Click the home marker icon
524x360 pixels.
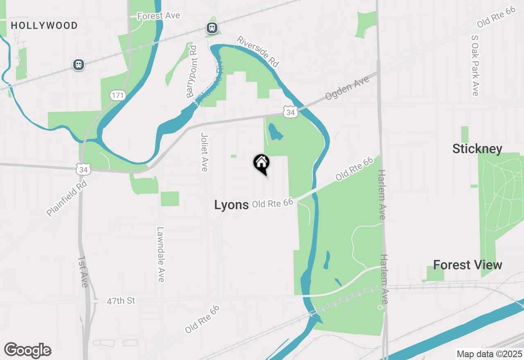261,163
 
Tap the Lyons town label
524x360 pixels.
231,205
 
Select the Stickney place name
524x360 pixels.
477,148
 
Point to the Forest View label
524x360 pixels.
468,265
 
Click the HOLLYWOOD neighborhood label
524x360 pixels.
44,25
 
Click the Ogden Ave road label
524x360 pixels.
347,88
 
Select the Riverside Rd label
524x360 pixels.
258,52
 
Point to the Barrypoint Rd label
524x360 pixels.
192,72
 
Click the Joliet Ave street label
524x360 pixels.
205,152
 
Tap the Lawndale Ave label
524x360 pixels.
160,254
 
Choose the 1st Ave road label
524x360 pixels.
83,272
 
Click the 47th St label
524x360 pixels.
121,301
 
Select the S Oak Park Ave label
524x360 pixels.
475,65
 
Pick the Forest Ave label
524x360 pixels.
158,16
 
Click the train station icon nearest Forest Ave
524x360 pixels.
212,28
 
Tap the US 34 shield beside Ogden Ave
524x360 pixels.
290,112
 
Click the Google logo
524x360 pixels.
27,350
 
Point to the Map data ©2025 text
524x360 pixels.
489,354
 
